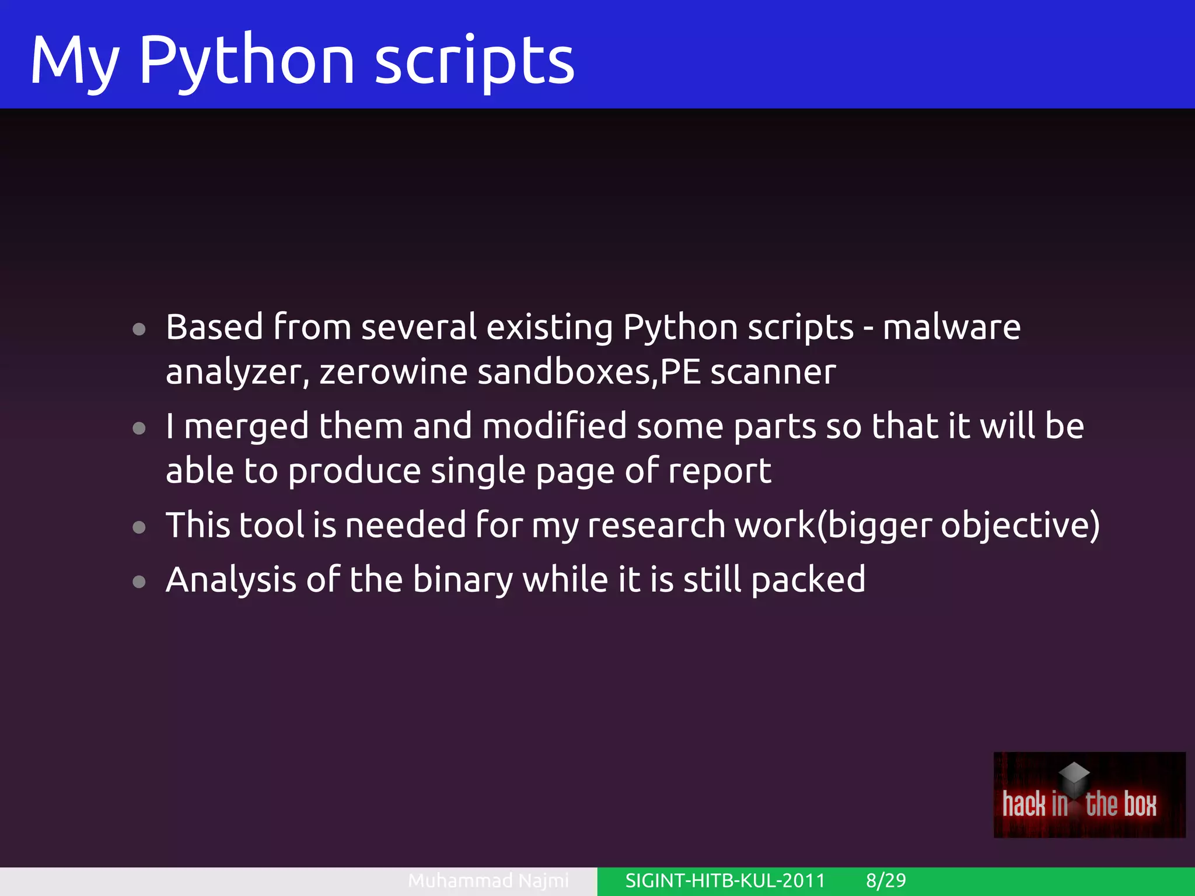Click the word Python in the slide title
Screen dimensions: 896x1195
pyautogui.click(x=246, y=60)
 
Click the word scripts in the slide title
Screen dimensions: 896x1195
pyautogui.click(x=474, y=60)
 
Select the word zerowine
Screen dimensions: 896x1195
pyautogui.click(x=393, y=372)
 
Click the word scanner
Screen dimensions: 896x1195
pyautogui.click(x=773, y=372)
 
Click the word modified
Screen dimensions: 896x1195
pyautogui.click(x=554, y=426)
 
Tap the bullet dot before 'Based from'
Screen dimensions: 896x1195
pyautogui.click(x=139, y=330)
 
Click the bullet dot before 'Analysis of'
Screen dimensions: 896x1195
pyautogui.click(x=139, y=582)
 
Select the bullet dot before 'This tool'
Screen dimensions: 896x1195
pyautogui.click(x=139, y=527)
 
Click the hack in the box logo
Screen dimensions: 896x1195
pyautogui.click(x=1089, y=794)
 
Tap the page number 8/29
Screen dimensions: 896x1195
pyautogui.click(x=886, y=880)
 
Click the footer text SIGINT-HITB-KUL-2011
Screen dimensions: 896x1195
pyautogui.click(x=725, y=880)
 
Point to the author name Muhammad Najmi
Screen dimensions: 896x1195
pyautogui.click(x=488, y=880)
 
